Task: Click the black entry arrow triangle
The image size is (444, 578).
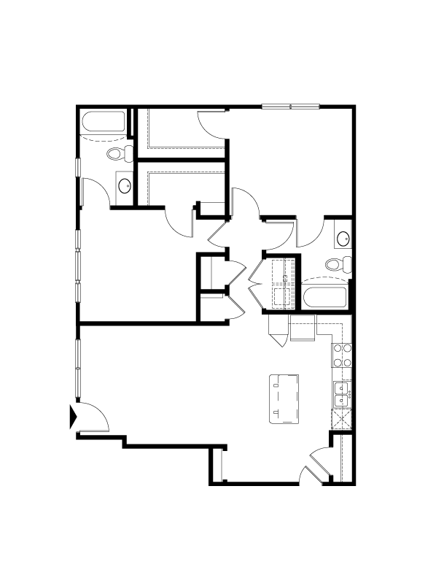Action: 72,417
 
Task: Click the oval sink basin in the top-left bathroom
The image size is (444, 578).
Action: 125,185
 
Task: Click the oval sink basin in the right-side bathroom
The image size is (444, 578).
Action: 343,237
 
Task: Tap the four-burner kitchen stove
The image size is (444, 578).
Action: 343,355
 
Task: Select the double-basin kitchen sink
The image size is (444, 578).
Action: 342,395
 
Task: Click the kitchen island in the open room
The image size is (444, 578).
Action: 284,398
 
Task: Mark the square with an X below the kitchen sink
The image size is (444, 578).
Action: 341,419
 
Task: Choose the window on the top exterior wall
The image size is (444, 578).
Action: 290,107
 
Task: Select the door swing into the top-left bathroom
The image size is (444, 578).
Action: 95,191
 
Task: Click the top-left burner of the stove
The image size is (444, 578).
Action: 338,349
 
